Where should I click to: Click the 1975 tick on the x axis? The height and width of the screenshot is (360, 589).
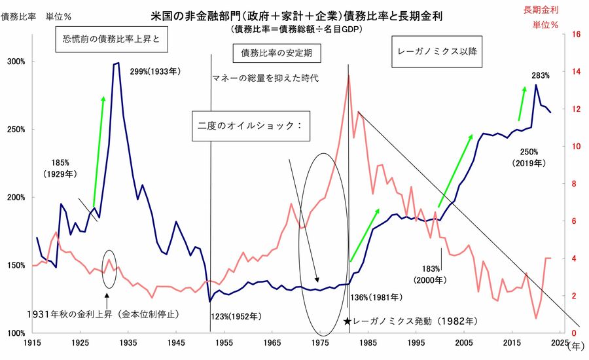321,342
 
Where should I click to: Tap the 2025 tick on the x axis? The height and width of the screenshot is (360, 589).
560,342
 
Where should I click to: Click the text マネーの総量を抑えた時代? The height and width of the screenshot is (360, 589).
264,79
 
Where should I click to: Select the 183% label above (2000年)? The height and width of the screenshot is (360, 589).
431,269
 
